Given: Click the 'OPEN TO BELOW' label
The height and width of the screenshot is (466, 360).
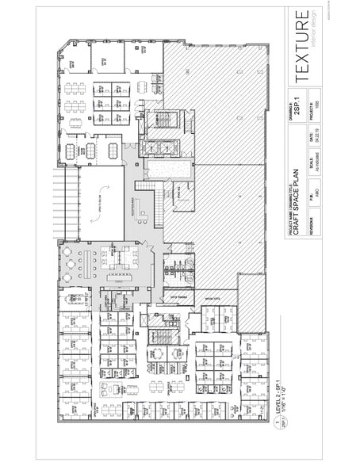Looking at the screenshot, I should pyautogui.click(x=86, y=203).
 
